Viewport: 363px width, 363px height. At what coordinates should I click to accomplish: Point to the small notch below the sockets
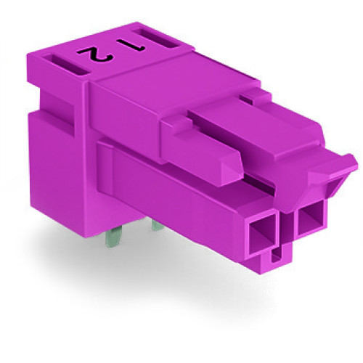click(277, 256)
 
